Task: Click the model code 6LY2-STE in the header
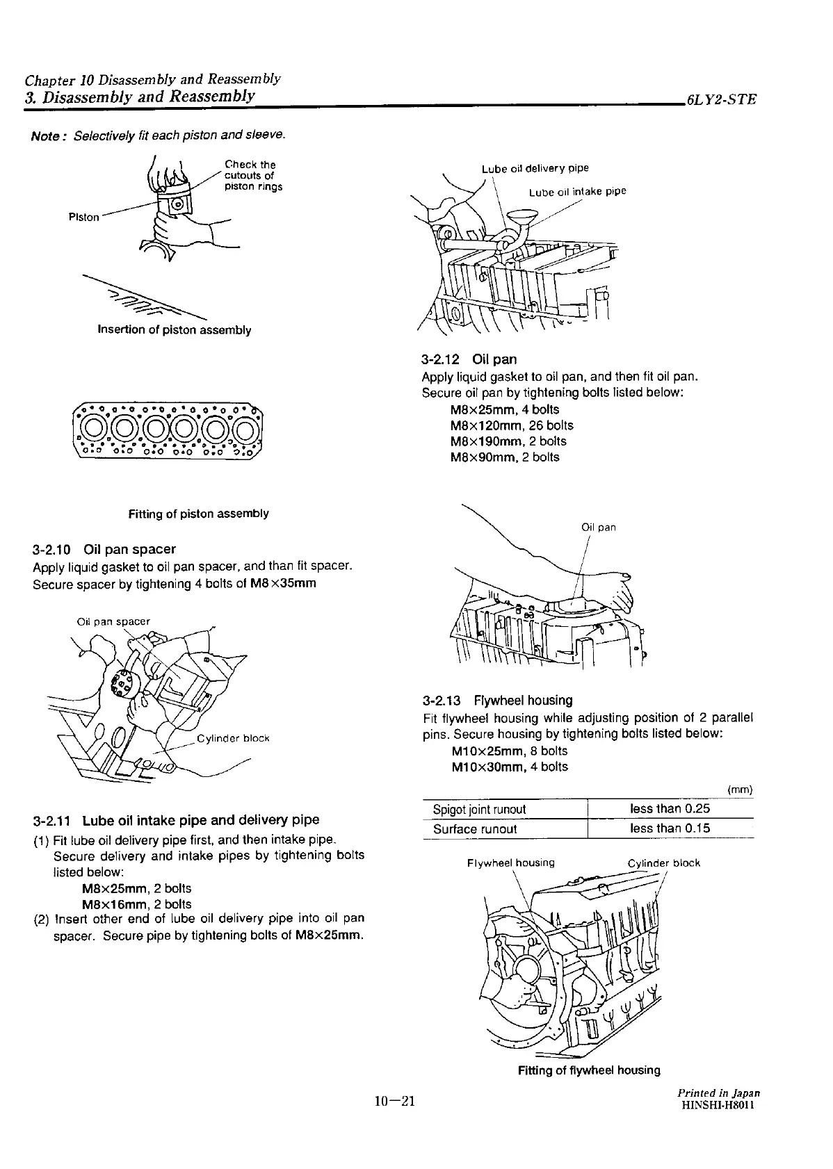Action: (x=720, y=99)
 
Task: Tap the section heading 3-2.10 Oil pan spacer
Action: (x=104, y=549)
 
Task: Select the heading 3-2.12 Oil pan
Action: (x=469, y=359)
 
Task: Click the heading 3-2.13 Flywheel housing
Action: (x=498, y=700)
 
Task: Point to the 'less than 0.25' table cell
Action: (x=670, y=808)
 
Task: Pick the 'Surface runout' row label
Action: (x=475, y=828)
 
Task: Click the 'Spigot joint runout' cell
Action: (x=479, y=809)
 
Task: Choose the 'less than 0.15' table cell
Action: (x=670, y=828)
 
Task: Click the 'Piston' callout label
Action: (x=83, y=217)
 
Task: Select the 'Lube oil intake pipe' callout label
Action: (x=577, y=192)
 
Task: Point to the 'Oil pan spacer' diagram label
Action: (x=113, y=621)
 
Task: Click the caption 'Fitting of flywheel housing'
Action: (x=589, y=1070)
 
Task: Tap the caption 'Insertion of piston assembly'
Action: (x=174, y=329)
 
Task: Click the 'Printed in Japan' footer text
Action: (x=719, y=1093)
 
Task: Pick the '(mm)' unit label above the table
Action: (x=740, y=790)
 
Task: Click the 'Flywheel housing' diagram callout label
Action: (x=511, y=863)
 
